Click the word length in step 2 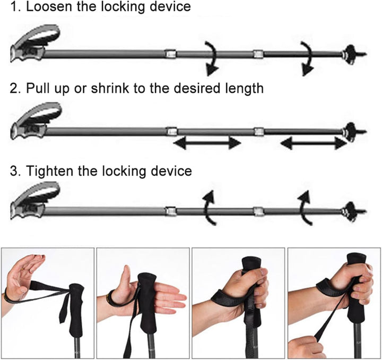click(x=244, y=89)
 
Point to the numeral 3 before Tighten click(x=14, y=171)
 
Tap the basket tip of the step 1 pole click(x=354, y=54)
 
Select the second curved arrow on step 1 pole click(x=307, y=58)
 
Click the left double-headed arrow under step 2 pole click(x=207, y=143)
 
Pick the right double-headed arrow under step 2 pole click(x=314, y=143)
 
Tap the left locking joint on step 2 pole click(x=172, y=131)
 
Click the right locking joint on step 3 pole click(x=258, y=211)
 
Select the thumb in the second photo click(x=126, y=276)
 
